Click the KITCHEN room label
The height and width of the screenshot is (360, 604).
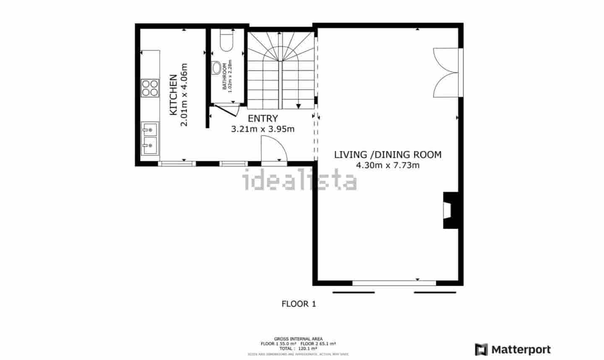[173, 95]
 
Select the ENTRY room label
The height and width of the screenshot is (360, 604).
[263, 118]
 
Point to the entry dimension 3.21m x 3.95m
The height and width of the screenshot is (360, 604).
[263, 129]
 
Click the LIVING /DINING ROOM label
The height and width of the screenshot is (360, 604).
[388, 154]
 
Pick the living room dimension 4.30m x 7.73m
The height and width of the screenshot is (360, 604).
[388, 165]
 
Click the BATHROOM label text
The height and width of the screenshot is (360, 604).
[225, 76]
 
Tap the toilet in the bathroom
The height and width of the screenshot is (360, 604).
[227, 40]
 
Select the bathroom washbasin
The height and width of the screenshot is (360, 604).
[216, 68]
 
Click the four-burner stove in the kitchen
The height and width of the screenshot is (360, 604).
[150, 88]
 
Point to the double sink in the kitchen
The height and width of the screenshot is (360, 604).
[149, 137]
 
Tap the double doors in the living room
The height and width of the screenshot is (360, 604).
[446, 73]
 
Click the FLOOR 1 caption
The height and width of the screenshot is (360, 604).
[298, 304]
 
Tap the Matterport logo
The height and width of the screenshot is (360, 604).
[513, 350]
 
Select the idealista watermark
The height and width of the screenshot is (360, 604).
[300, 180]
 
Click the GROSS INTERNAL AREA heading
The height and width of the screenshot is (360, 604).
[298, 339]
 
